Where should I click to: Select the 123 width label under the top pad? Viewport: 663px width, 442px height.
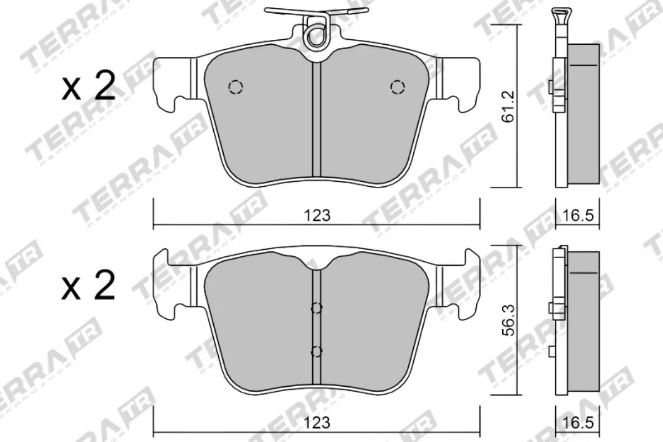tap(317, 215)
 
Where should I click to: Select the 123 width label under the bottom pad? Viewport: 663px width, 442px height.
tap(317, 424)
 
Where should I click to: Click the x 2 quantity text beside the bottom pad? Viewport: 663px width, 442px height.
tap(88, 286)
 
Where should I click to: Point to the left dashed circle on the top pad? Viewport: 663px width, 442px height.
tap(236, 87)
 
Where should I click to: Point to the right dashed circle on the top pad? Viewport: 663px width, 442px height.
tap(397, 87)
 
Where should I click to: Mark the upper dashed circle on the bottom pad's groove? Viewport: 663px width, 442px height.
tap(317, 308)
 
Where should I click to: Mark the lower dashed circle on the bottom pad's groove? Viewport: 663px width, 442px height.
tap(317, 351)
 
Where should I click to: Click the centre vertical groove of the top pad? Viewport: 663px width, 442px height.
tap(317, 122)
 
